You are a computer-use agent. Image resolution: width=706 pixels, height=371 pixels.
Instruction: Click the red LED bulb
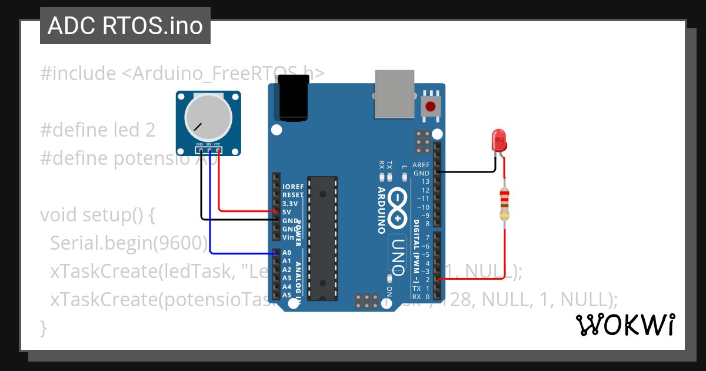(498, 141)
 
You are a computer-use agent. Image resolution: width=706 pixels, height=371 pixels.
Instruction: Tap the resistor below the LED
(504, 203)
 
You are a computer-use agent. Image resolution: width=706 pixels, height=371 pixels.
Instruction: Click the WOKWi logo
(625, 324)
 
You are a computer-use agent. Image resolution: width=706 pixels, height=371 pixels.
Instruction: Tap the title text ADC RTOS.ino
(125, 26)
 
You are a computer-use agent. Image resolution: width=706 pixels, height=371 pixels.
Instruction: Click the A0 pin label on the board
(287, 252)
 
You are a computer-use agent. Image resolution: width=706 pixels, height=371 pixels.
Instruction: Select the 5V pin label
(287, 211)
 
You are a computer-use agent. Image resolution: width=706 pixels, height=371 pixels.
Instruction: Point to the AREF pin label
(421, 165)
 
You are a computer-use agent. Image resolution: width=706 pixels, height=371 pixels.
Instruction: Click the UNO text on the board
(398, 256)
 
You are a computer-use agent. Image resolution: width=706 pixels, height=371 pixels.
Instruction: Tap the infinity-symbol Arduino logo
(398, 207)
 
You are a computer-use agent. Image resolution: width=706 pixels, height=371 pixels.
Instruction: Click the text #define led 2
(98, 130)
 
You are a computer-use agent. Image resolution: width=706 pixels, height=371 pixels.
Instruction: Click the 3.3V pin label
(290, 203)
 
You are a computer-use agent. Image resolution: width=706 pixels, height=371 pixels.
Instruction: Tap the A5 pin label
(287, 294)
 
